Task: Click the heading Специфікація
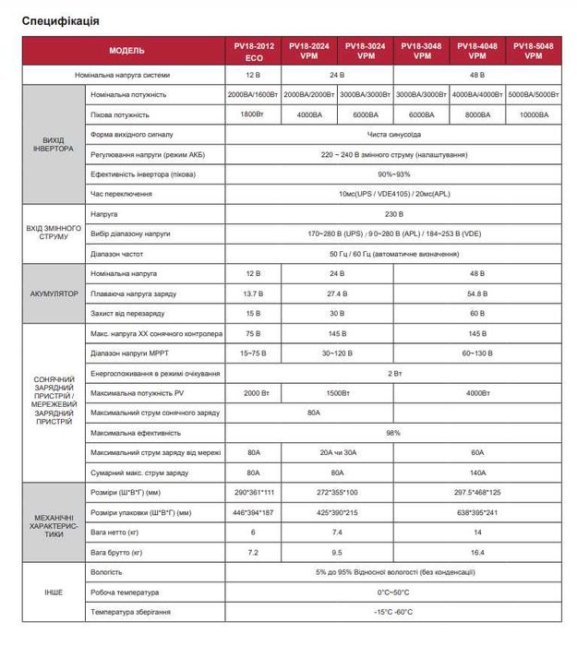click(x=61, y=19)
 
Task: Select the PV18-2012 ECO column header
click(x=254, y=51)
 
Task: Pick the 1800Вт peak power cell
click(x=254, y=114)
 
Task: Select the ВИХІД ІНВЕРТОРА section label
click(x=53, y=144)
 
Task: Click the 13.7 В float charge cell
click(x=254, y=293)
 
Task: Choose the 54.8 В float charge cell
click(x=477, y=293)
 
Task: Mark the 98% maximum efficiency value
click(x=393, y=433)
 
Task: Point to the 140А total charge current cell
click(x=477, y=472)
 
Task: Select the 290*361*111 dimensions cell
click(x=254, y=492)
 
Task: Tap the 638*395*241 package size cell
click(x=477, y=512)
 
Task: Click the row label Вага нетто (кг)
click(x=116, y=532)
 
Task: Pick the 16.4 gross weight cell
click(x=477, y=552)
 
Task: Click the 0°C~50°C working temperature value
click(x=393, y=592)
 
